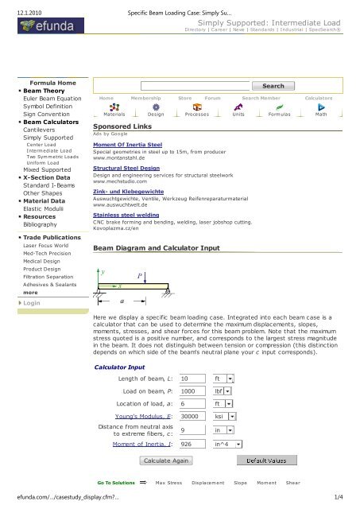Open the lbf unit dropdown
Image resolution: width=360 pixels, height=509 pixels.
(x=228, y=391)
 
